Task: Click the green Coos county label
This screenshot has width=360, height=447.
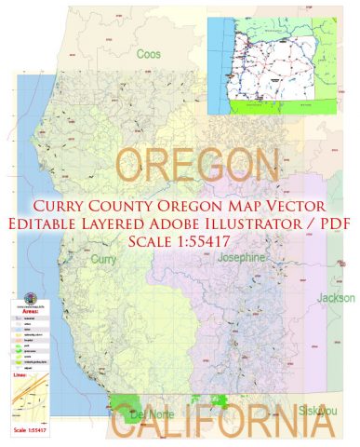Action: [x=149, y=54]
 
